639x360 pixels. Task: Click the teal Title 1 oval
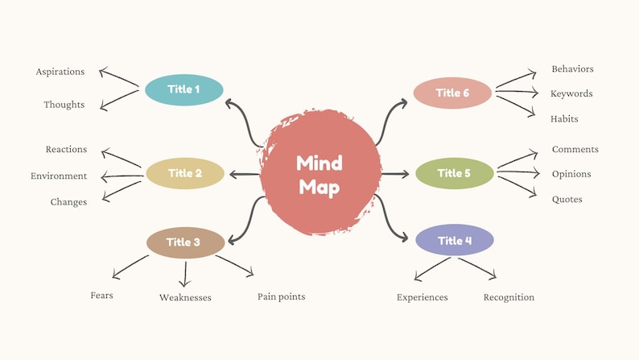coord(183,89)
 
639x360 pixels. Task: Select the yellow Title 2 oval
coord(184,173)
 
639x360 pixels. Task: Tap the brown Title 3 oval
coord(185,242)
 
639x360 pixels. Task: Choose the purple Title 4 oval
coord(455,240)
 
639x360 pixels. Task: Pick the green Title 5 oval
coord(455,173)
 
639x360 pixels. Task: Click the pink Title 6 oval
coord(452,93)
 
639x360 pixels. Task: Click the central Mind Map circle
coord(319,174)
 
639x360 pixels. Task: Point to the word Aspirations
coord(60,72)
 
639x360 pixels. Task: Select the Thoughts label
coord(64,105)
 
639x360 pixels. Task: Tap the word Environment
coord(59,176)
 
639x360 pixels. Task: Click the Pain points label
coord(281,296)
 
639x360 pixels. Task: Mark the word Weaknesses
coord(185,297)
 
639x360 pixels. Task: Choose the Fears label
coord(101,295)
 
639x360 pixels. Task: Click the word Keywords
coord(571,93)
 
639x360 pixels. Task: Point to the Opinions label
coord(571,174)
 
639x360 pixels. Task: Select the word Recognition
coord(509,297)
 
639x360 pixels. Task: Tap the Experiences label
coord(422,297)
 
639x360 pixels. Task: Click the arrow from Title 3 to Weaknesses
coord(185,273)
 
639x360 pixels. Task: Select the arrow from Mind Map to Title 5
coord(396,173)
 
